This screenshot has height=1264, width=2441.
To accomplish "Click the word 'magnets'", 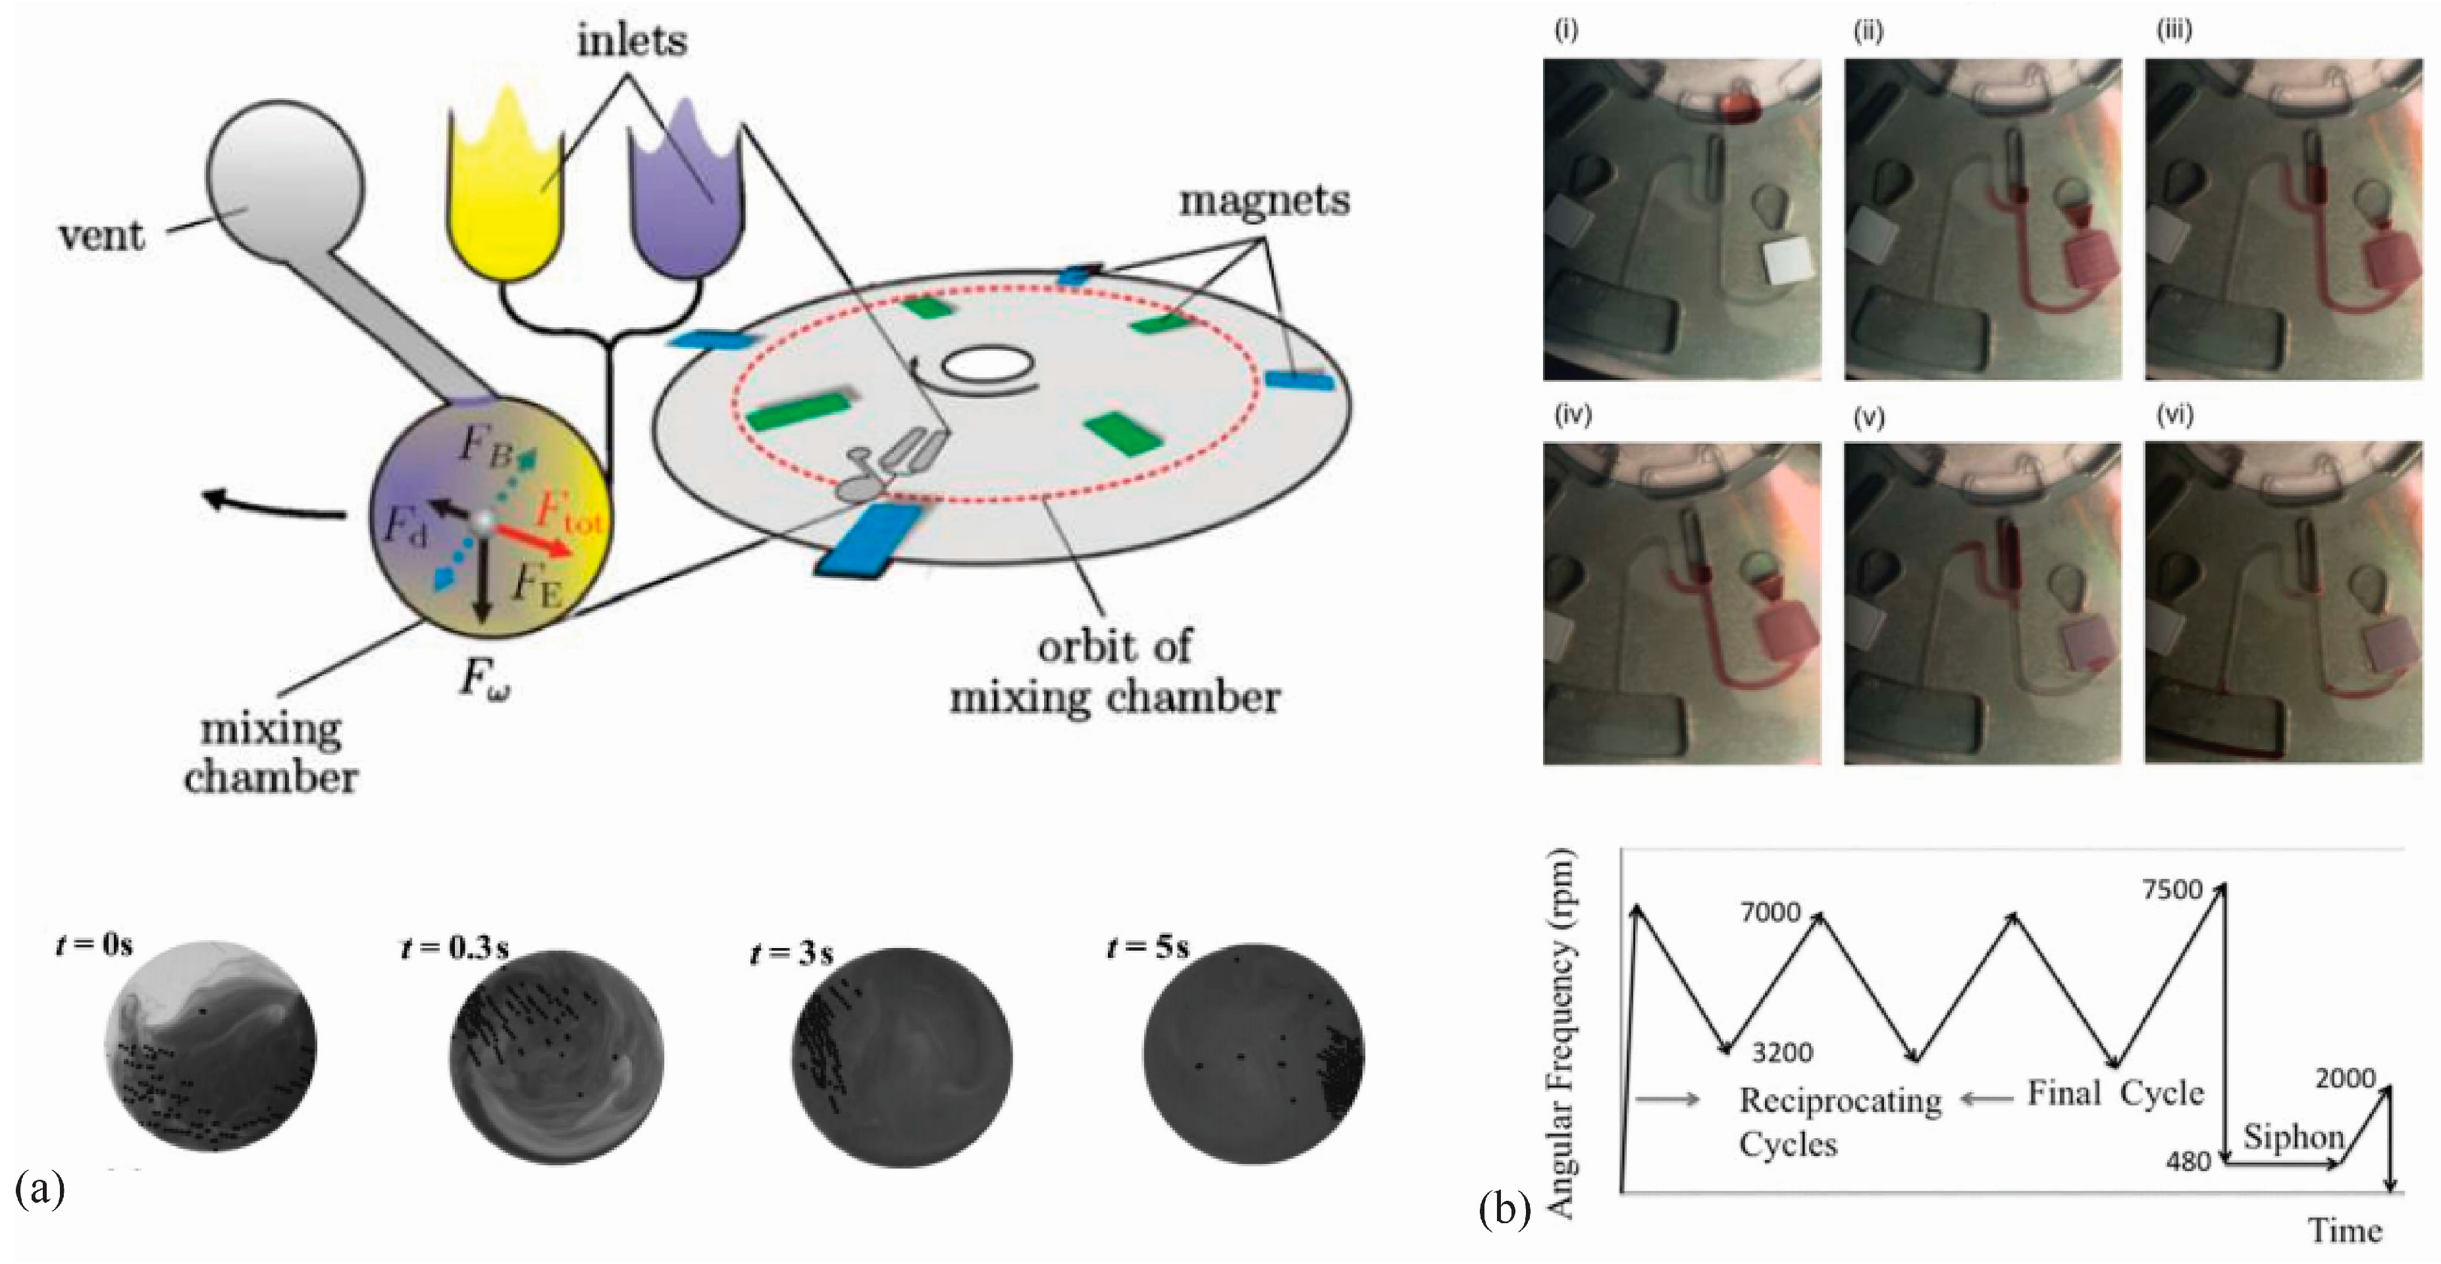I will coord(1264,201).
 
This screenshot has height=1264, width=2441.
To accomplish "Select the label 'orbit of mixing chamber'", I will coord(1115,673).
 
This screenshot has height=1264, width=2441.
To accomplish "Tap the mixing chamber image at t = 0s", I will coord(211,1046).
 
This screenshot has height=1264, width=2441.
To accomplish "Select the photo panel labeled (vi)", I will coord(2283,602).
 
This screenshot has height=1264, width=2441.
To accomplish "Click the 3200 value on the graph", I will coord(1781,1052).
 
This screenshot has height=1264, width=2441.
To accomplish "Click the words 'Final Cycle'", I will coord(2115,1093).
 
